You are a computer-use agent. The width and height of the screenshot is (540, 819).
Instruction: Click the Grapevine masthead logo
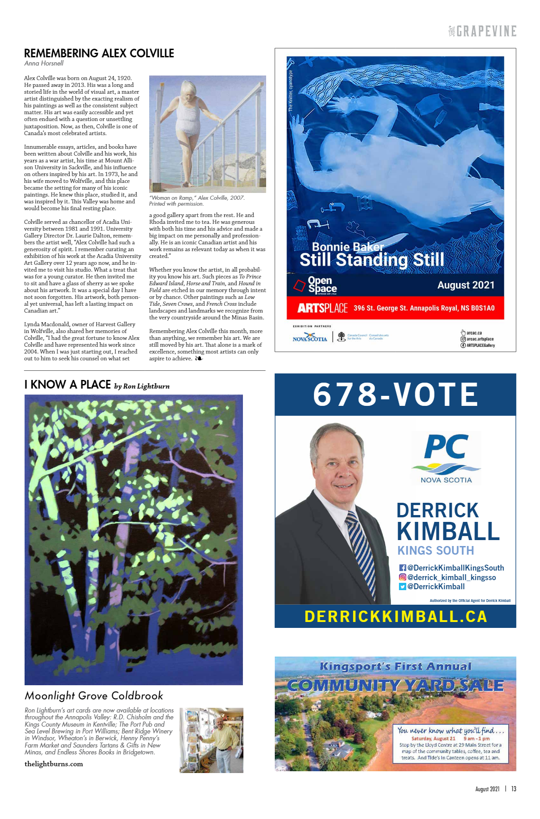coord(482,31)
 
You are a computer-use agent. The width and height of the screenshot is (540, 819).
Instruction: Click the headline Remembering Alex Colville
coord(99,53)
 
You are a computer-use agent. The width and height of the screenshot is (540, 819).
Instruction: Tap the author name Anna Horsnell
coord(44,64)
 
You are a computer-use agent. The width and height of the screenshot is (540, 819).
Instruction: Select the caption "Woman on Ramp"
coord(197,198)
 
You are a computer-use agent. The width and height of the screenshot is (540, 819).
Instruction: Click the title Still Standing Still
coord(372,260)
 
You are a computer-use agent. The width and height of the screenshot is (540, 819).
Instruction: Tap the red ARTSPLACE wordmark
coord(323,308)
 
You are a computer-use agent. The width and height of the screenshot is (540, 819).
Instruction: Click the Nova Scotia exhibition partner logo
coord(309,338)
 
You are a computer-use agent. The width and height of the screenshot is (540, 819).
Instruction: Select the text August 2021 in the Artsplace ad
coord(466,285)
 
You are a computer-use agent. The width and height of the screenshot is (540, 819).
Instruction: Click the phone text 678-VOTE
coord(395,394)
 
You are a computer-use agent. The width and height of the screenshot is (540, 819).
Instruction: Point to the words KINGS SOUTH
coord(435,551)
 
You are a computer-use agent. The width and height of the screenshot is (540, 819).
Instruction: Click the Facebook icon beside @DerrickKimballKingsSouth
coord(402,568)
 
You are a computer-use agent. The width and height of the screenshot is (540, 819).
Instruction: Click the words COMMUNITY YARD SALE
coord(395,685)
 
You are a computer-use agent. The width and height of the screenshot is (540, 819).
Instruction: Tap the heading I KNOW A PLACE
coord(67,385)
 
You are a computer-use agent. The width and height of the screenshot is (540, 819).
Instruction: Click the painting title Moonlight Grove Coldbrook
coord(94,696)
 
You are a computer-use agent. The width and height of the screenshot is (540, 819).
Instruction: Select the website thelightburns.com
coord(54,764)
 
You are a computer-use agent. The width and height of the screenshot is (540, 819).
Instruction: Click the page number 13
coord(514,789)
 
